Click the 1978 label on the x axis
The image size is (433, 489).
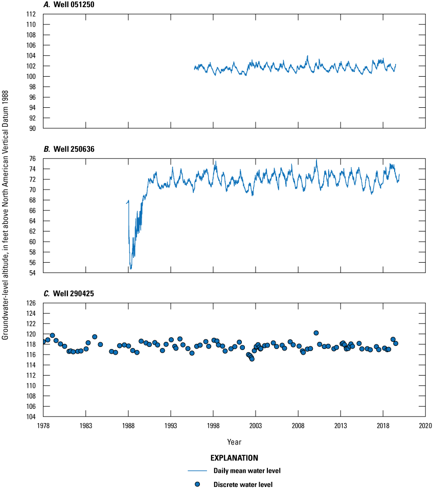click(x=43, y=426)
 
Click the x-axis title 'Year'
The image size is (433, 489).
click(x=234, y=441)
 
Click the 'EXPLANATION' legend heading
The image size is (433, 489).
click(x=234, y=458)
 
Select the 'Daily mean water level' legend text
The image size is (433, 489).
click(x=244, y=471)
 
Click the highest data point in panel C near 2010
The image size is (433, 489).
click(x=316, y=333)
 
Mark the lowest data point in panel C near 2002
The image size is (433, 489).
click(x=252, y=359)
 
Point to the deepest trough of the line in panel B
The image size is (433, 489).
click(x=131, y=268)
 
